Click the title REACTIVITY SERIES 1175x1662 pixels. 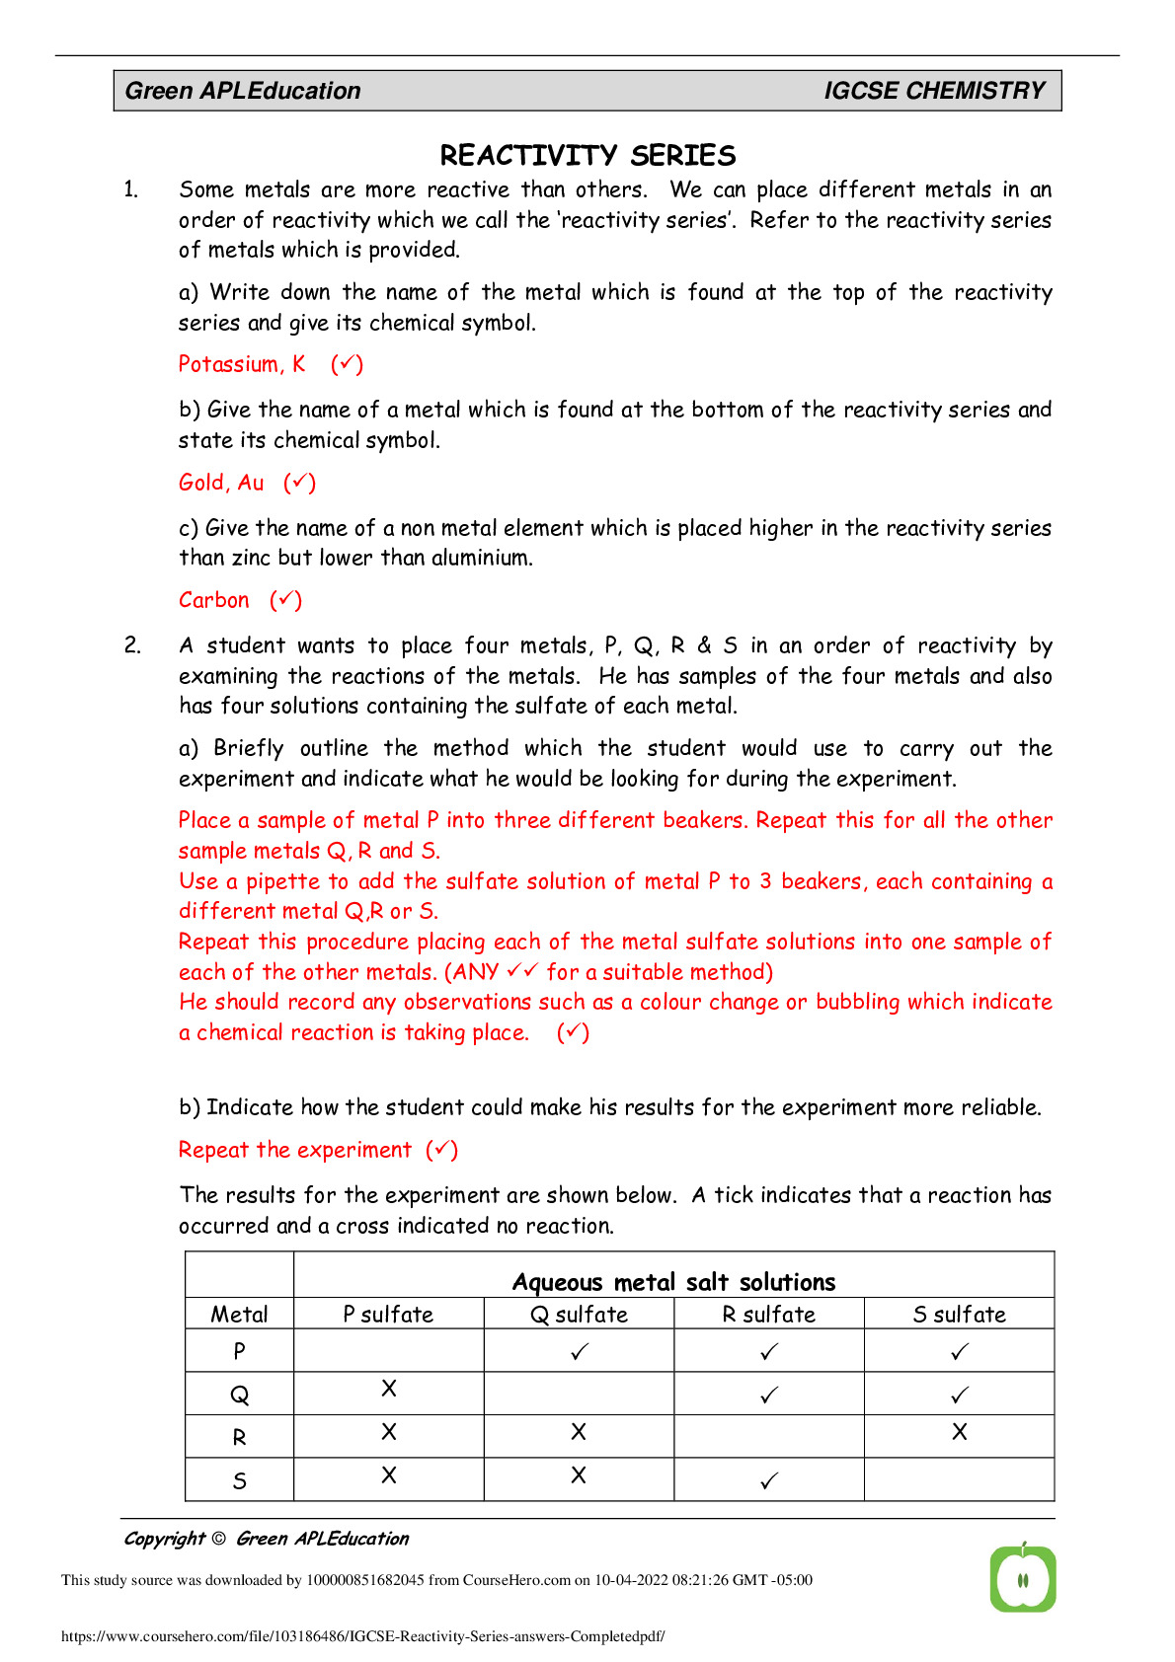pos(587,155)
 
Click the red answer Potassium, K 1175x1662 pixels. pos(242,364)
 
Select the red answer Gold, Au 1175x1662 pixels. pos(221,483)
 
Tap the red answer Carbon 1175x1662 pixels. pos(214,600)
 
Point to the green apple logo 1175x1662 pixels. pos(1023,1578)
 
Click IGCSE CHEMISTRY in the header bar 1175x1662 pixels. pos(933,91)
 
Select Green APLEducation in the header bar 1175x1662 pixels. pos(243,91)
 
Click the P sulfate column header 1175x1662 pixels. pos(388,1315)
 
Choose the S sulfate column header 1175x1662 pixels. pos(959,1315)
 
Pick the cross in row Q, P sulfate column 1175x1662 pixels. pos(389,1389)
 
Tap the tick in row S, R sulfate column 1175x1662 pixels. pos(769,1480)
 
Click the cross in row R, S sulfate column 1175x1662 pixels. pos(959,1432)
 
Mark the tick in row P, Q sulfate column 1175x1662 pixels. pos(579,1352)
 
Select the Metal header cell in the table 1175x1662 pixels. pos(239,1315)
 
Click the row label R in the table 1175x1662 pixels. pos(239,1438)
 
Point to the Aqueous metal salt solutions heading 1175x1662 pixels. pos(673,1282)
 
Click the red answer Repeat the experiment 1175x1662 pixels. pos(294,1150)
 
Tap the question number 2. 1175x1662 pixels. pos(132,645)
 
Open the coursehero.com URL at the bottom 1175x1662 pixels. pos(362,1636)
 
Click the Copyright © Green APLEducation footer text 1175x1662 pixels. pos(266,1539)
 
